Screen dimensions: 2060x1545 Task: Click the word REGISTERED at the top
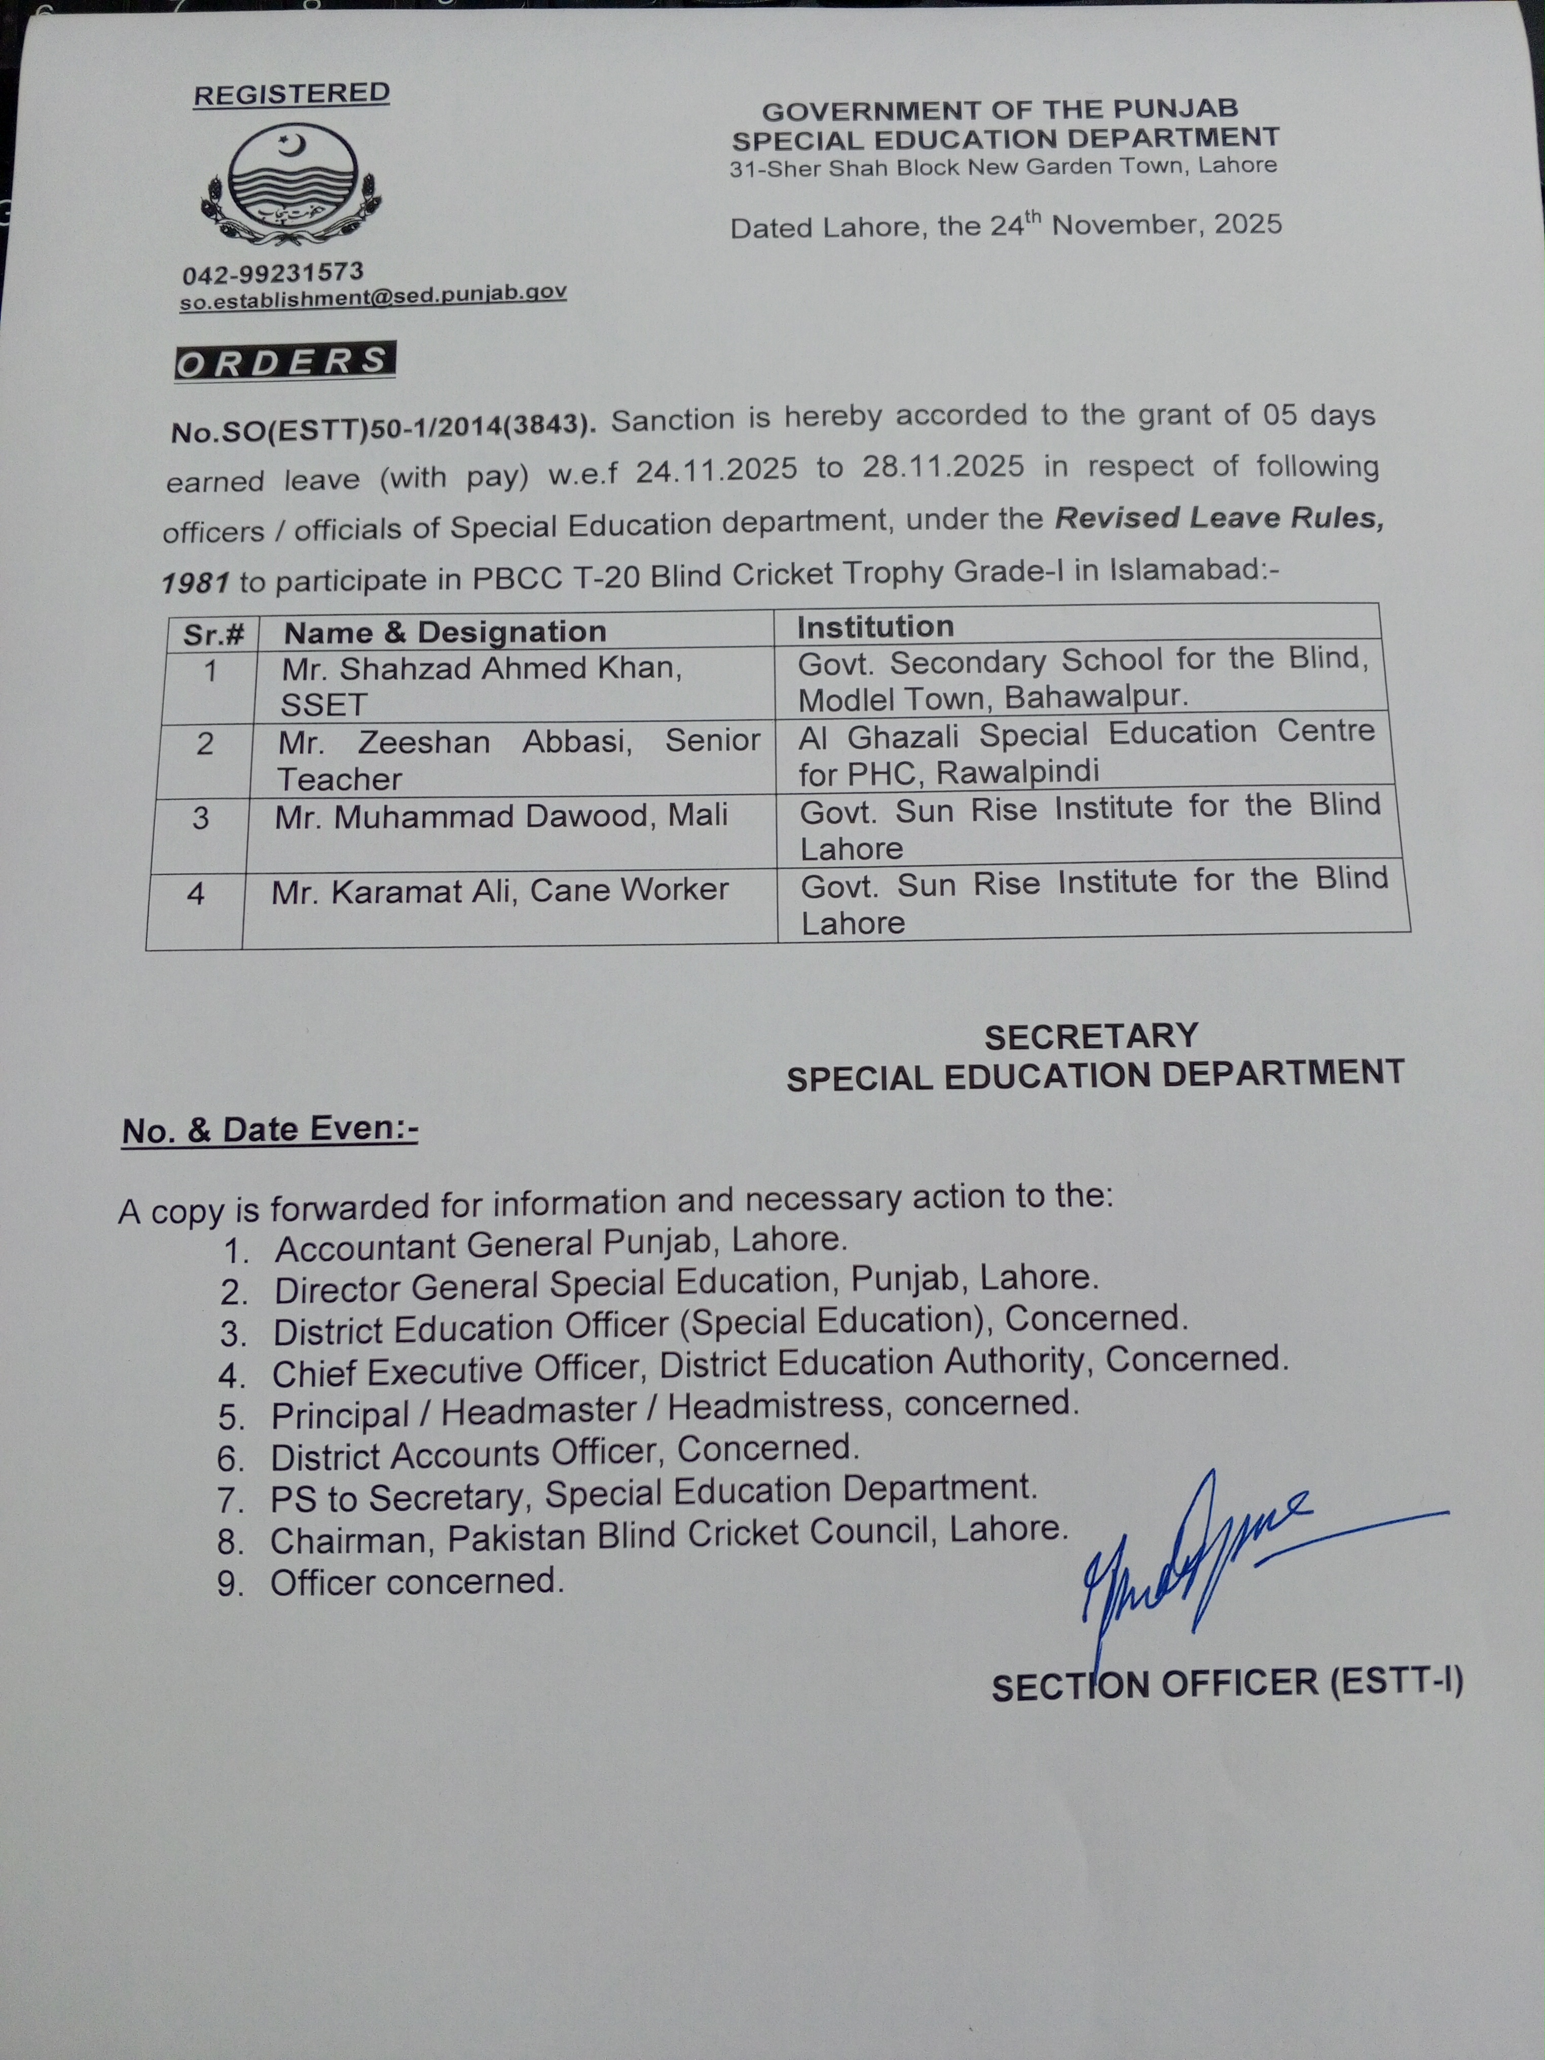291,94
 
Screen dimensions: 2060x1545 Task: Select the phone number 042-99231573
273,273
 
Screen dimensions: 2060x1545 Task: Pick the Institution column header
875,627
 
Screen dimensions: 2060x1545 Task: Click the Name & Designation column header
445,632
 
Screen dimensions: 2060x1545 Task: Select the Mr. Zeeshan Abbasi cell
518,758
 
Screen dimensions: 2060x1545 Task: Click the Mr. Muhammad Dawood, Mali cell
501,817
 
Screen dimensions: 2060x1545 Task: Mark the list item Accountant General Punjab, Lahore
561,1243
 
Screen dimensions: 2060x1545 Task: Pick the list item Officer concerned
417,1582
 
